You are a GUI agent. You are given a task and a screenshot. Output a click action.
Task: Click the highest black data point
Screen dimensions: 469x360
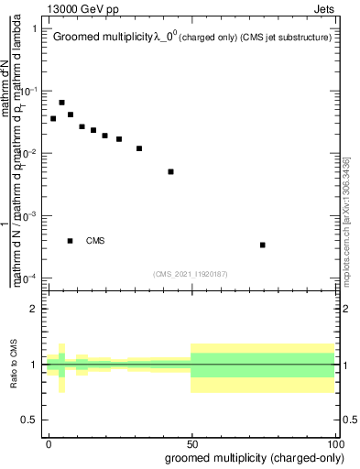(61, 103)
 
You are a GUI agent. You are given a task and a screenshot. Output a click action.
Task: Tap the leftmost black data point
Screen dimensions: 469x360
(53, 118)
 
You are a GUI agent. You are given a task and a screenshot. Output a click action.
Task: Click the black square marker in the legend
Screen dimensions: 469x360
(71, 241)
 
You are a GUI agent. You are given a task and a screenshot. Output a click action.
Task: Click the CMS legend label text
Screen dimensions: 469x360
(95, 241)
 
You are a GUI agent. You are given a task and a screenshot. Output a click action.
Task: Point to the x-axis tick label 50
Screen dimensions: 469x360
(191, 443)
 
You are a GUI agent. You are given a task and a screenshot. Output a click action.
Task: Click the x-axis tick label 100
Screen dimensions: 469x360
(335, 443)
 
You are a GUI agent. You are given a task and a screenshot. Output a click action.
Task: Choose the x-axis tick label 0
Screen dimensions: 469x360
(48, 443)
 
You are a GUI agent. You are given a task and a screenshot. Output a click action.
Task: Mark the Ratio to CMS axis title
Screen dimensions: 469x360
(15, 365)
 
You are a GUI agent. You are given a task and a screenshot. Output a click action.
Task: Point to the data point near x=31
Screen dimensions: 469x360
(139, 148)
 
